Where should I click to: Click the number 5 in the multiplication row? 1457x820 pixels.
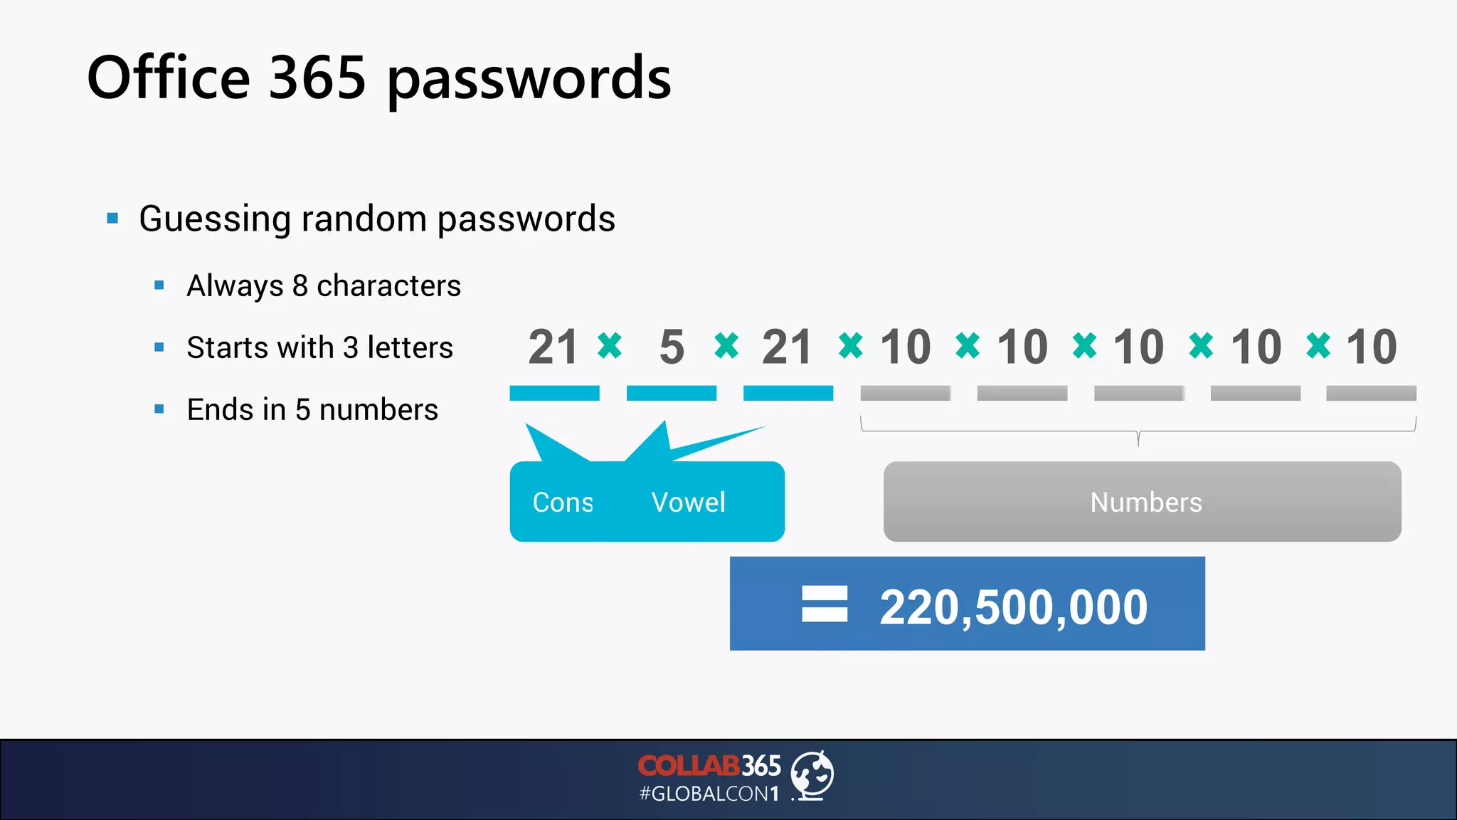(672, 347)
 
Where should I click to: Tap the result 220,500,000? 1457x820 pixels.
(1013, 607)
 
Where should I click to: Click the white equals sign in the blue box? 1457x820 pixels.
(825, 604)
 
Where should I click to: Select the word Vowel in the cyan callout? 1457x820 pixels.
(688, 503)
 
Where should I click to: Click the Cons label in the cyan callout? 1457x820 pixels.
(563, 503)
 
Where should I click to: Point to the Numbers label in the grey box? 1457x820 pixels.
(1145, 503)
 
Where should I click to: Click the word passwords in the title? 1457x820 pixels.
(529, 80)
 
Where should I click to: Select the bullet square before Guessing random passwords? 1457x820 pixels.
(112, 219)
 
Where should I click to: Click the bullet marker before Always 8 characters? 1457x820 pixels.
(159, 286)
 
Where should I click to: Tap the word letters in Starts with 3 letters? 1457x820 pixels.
(410, 348)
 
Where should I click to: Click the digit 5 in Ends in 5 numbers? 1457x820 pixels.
(302, 410)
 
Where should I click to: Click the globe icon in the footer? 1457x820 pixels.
(812, 775)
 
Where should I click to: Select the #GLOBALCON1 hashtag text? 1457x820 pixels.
(709, 794)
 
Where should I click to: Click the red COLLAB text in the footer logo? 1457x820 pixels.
(688, 766)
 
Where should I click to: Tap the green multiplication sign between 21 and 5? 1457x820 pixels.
(610, 346)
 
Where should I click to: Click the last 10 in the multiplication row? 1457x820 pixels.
(1372, 347)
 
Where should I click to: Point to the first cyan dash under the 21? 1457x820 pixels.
(554, 393)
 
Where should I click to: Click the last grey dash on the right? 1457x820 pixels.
(1371, 393)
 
